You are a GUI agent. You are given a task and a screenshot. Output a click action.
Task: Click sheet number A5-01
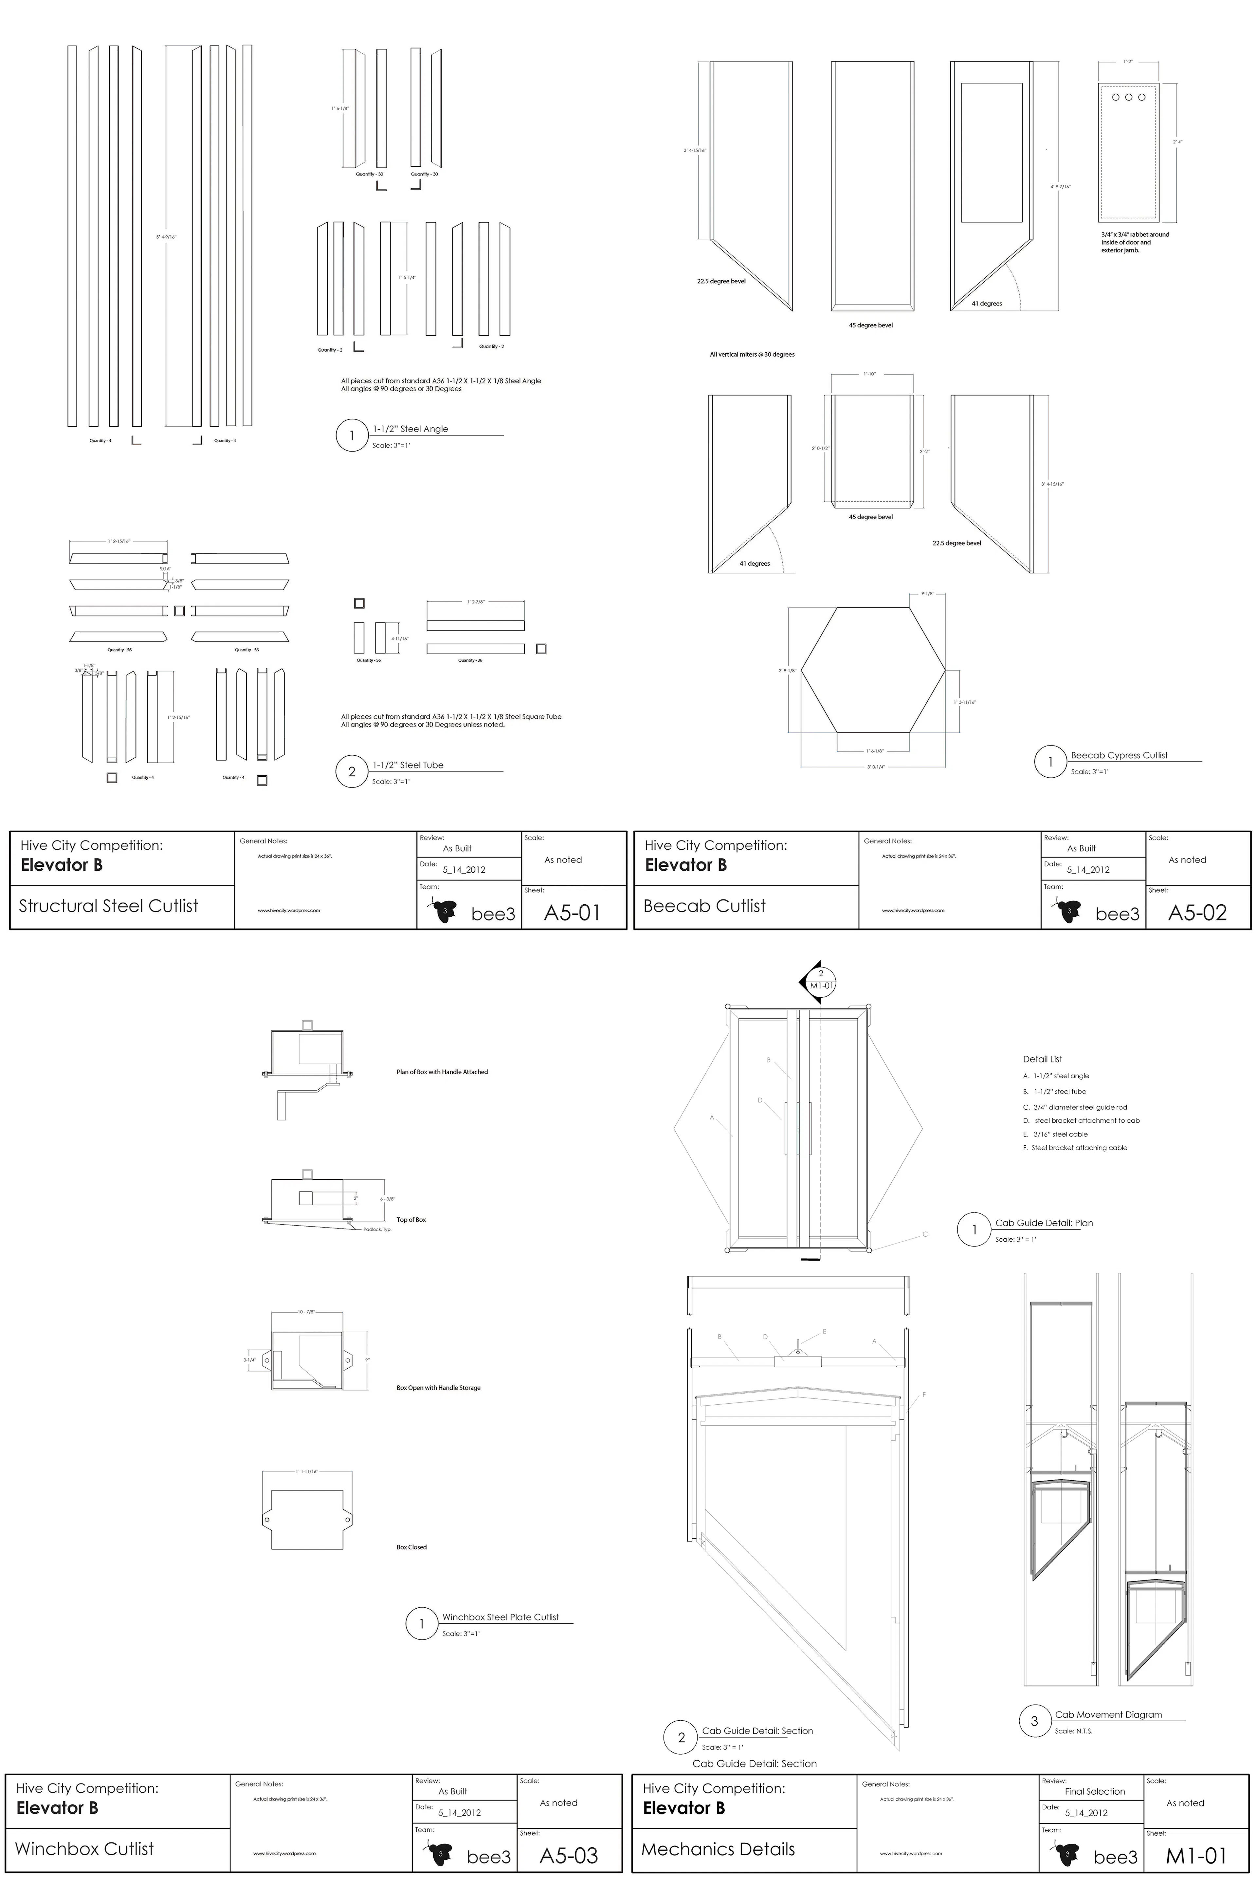point(572,913)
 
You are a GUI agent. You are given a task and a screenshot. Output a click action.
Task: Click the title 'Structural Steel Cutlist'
point(108,906)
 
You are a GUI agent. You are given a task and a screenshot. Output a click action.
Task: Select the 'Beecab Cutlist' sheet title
point(705,906)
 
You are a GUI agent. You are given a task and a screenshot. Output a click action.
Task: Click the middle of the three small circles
point(1129,97)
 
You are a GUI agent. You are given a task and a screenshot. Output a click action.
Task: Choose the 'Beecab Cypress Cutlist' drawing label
point(1119,755)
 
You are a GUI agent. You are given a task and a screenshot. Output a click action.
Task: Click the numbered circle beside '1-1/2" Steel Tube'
point(351,772)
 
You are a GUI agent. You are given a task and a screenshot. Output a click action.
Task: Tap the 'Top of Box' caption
point(410,1220)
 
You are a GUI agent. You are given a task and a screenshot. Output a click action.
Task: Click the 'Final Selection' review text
point(1094,1791)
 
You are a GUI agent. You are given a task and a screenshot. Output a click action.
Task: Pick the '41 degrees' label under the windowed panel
point(986,304)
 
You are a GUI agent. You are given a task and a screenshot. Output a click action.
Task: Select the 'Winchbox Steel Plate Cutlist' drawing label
point(500,1618)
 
